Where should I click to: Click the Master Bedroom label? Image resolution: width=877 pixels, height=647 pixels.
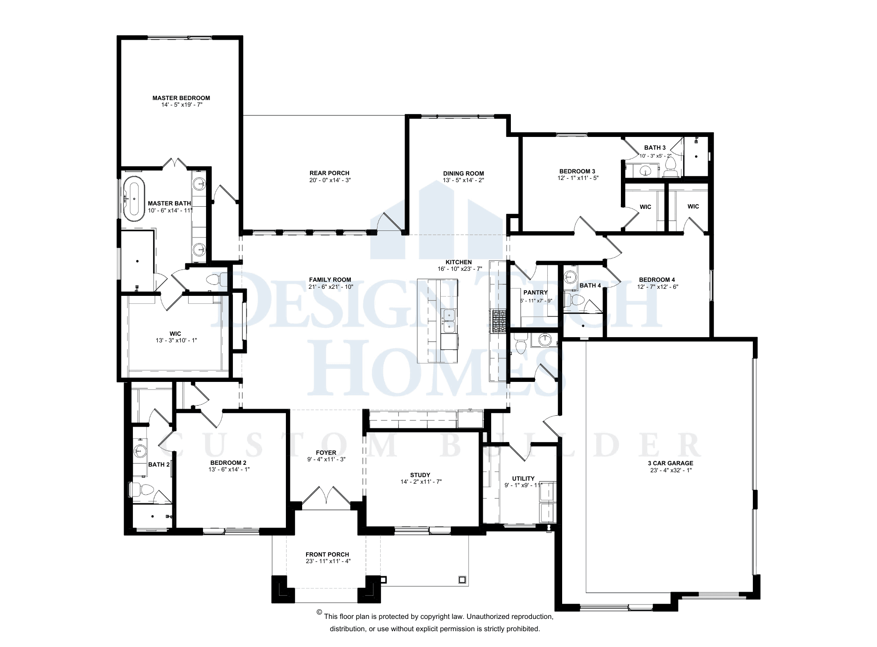(x=181, y=98)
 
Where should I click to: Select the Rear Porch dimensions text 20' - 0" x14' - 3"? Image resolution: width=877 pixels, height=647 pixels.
(x=330, y=180)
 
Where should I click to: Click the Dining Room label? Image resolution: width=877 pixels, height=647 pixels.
(x=463, y=173)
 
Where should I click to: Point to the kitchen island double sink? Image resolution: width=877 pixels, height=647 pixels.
(x=449, y=320)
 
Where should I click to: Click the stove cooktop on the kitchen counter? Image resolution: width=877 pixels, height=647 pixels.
(x=498, y=321)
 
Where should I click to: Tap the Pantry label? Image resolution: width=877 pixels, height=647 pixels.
(x=535, y=292)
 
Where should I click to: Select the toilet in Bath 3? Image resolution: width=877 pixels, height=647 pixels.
(x=670, y=165)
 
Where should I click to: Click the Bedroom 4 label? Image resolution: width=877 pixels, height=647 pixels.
(x=657, y=280)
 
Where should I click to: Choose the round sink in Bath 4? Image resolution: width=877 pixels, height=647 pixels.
(x=570, y=277)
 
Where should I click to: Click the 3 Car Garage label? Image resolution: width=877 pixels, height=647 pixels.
(x=670, y=463)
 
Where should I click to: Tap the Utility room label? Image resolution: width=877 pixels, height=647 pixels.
(x=523, y=478)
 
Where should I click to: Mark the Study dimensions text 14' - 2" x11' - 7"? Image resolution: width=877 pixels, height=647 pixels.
(x=421, y=482)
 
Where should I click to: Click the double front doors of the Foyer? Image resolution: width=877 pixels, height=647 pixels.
(x=326, y=498)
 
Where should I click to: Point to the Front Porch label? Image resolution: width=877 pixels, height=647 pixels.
(x=327, y=554)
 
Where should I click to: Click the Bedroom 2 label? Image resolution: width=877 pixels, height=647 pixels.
(x=228, y=463)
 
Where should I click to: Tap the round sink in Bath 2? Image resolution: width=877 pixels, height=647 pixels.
(x=140, y=450)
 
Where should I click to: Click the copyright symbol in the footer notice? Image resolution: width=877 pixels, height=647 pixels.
(x=319, y=612)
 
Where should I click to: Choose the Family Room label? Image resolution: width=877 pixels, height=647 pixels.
(x=330, y=280)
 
